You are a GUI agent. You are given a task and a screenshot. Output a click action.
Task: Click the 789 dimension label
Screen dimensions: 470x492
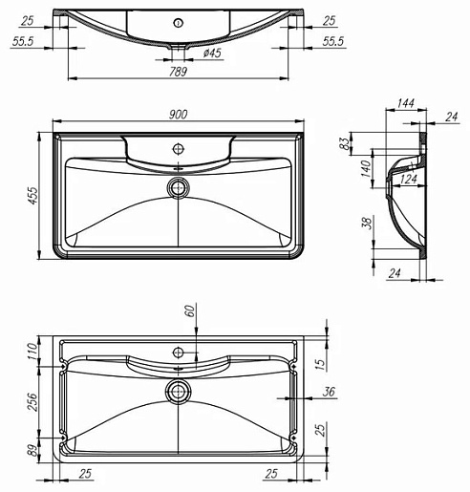[x=178, y=72]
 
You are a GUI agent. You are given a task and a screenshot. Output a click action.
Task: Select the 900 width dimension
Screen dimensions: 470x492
[x=179, y=114]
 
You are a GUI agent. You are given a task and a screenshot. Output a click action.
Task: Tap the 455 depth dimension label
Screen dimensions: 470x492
[x=33, y=196]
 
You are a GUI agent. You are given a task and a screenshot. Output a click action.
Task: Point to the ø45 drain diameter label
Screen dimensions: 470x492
[x=212, y=53]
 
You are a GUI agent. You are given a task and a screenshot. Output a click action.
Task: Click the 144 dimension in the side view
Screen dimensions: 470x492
[x=406, y=103]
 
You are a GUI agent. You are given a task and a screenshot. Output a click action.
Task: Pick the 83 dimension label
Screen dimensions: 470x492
[x=344, y=143]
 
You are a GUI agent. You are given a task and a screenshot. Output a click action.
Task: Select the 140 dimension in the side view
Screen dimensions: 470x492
[x=366, y=168]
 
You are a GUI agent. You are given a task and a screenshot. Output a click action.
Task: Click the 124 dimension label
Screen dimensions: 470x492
[x=409, y=179]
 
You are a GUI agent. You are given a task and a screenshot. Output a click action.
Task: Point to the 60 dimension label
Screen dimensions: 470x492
[x=189, y=310]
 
